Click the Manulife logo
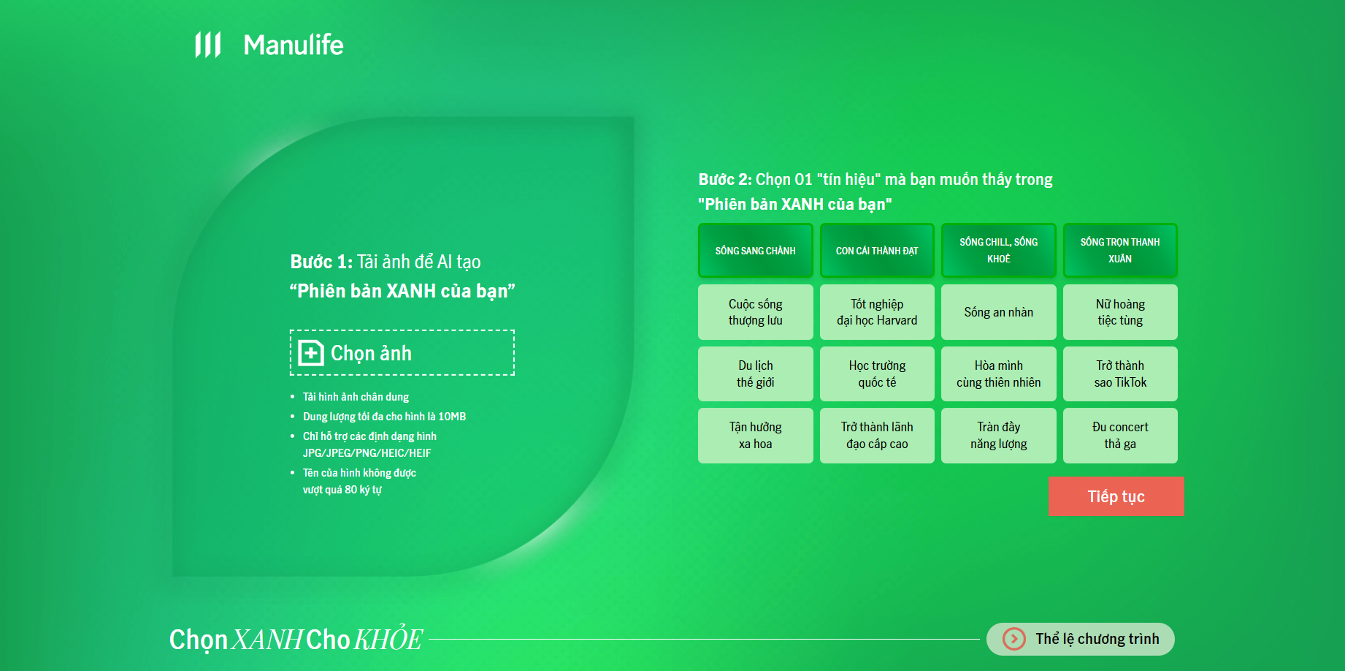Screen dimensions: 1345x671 269,45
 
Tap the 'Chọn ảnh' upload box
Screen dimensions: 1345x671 402,353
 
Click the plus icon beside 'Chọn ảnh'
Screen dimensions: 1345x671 311,353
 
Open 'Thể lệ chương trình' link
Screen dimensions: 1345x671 1081,639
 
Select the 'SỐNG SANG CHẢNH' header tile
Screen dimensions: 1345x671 756,251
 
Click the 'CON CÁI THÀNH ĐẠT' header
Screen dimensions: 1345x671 877,251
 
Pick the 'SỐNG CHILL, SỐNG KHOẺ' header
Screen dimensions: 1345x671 999,251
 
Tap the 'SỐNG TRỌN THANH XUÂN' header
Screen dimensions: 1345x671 1120,251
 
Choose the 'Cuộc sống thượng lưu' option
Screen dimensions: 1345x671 756,312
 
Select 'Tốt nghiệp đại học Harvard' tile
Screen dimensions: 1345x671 877,312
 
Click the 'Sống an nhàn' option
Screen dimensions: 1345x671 999,312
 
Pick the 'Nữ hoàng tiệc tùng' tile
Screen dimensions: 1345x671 1120,312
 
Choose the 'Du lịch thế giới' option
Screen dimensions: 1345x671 756,374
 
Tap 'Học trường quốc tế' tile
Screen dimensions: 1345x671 877,374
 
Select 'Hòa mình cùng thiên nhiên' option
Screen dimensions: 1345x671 999,374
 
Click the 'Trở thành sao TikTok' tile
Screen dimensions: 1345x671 1120,374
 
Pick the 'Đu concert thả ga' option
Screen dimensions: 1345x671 1120,436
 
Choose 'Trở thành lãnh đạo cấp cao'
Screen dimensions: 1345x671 877,436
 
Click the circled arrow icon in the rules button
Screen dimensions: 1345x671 1013,639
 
